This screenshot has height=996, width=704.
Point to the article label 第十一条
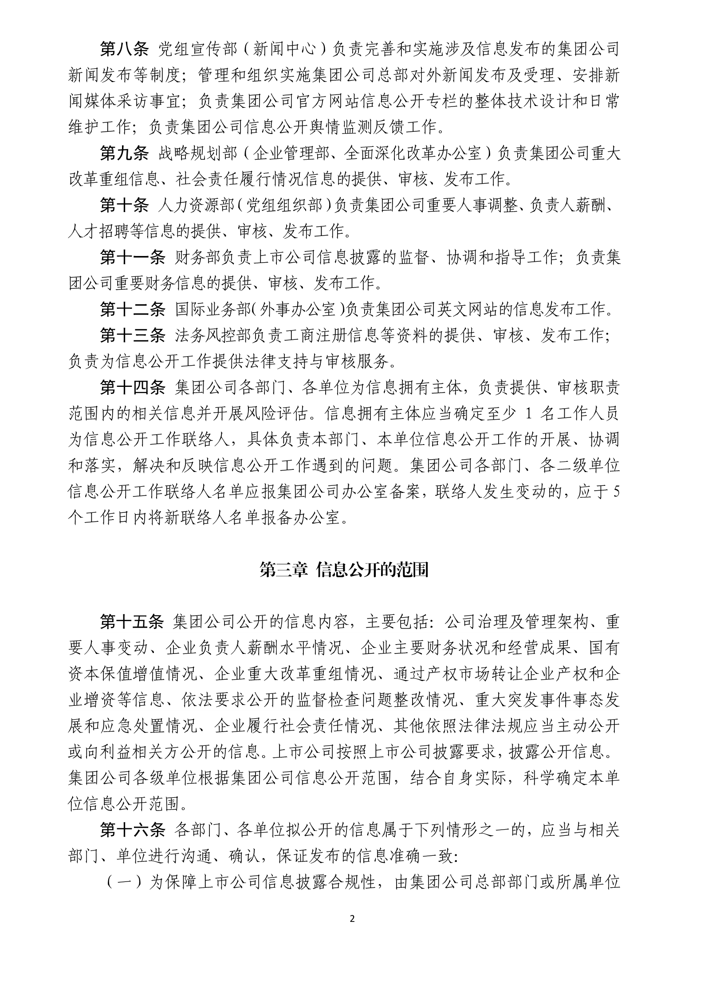pos(132,257)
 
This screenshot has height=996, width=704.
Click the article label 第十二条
pos(132,309)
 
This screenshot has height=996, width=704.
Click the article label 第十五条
pos(132,622)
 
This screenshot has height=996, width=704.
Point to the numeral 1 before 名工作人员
pos(527,414)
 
